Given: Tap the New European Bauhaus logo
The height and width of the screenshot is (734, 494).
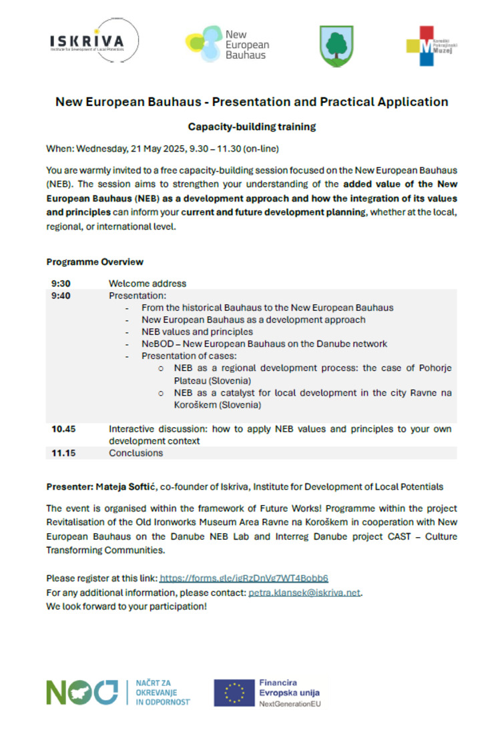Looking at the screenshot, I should click(227, 44).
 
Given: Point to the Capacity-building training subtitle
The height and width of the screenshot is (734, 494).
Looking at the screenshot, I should click(252, 126).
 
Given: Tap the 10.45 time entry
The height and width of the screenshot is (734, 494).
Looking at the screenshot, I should click(63, 428).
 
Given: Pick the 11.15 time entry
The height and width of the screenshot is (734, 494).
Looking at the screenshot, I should click(63, 453).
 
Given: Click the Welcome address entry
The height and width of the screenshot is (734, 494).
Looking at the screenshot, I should click(148, 283).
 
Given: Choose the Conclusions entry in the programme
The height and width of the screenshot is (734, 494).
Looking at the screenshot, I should click(136, 453).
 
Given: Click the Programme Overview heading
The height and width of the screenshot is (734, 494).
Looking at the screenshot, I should click(95, 262).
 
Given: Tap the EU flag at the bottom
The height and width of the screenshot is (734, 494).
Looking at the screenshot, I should click(234, 692).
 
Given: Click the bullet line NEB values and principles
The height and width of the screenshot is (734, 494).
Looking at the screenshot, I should click(197, 332).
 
